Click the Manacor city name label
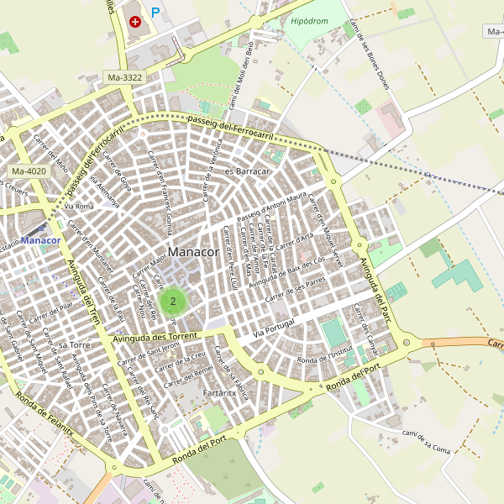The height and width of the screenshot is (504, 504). (193, 252)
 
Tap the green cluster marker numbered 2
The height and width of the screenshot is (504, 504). (173, 300)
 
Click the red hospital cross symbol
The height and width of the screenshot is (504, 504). (135, 21)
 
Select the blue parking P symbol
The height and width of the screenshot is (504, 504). (155, 13)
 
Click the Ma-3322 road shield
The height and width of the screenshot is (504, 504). (125, 78)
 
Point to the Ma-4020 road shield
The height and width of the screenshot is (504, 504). (29, 171)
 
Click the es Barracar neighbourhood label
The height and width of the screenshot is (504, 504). (247, 171)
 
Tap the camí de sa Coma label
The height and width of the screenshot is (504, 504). (428, 440)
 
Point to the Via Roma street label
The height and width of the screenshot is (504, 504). (79, 206)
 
